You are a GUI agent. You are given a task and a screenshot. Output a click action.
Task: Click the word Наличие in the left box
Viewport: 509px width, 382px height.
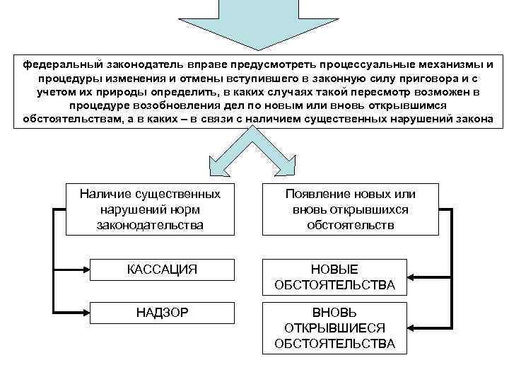[x=109, y=194]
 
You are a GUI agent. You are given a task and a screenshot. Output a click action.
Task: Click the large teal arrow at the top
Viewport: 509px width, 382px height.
[x=254, y=21]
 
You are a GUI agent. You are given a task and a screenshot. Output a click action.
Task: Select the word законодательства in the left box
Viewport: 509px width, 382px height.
[x=150, y=224]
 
